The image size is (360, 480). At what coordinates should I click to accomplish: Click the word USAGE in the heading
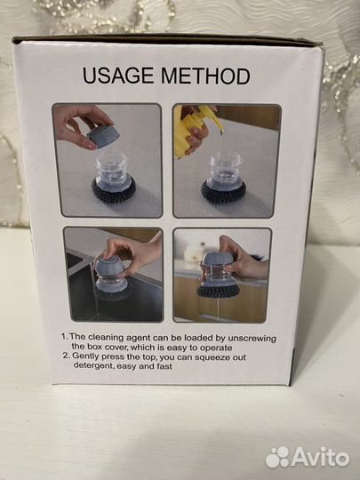[118, 76]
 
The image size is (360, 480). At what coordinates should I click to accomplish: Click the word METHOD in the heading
[205, 76]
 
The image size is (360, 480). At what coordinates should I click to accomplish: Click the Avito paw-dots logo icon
[277, 458]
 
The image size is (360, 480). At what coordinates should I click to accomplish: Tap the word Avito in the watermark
[320, 458]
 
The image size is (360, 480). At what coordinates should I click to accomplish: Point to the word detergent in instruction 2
[93, 366]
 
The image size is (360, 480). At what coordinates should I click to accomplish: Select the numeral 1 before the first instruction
[64, 337]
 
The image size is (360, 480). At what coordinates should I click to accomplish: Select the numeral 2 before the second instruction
[66, 356]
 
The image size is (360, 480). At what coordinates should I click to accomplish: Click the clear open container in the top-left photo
[111, 172]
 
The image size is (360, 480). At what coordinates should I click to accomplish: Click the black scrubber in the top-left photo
[114, 192]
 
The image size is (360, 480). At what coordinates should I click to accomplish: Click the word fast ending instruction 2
[164, 366]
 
